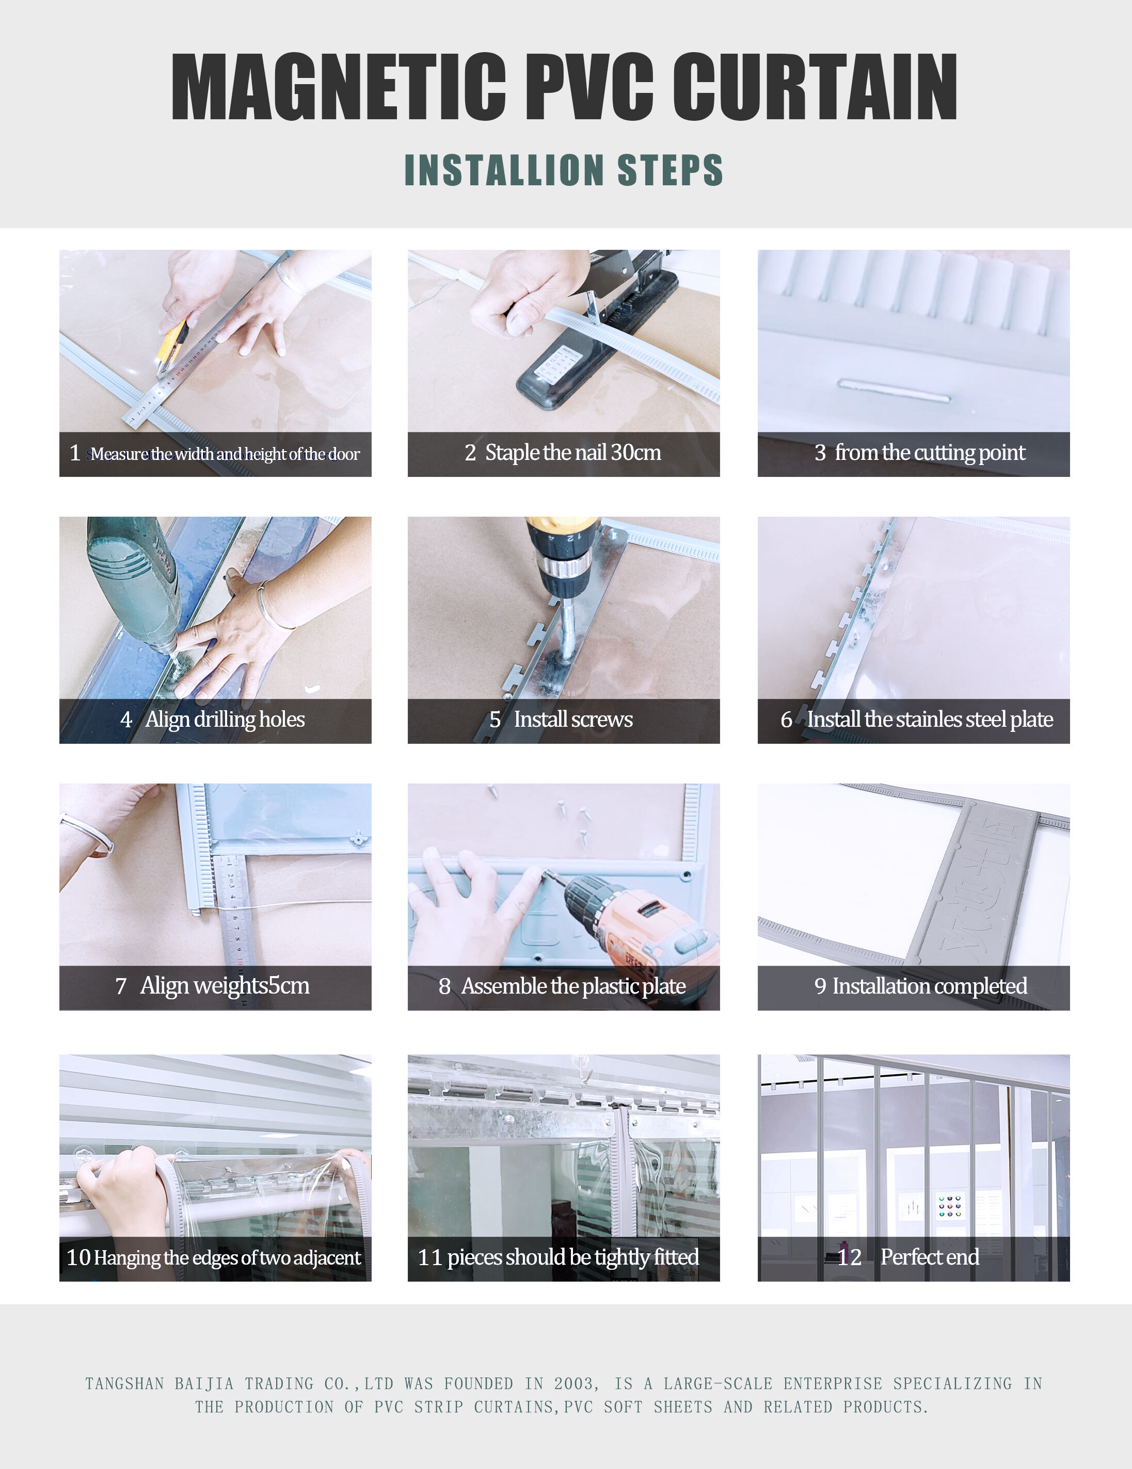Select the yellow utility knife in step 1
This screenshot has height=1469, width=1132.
172,345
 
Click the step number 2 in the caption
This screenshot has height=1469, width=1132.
470,453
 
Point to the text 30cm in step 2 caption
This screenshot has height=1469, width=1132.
635,453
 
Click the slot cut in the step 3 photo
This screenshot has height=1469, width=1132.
894,390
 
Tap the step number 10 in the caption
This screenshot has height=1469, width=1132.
78,1257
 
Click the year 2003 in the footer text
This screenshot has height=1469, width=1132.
573,1384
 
